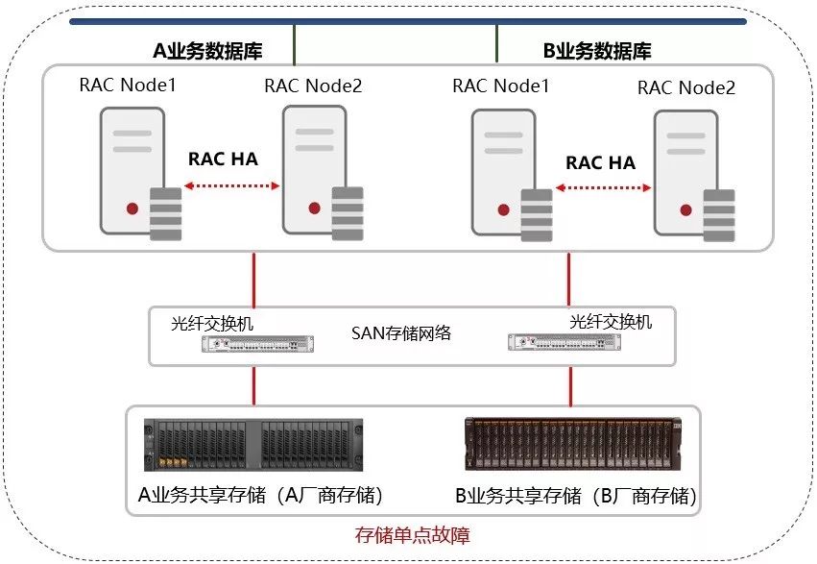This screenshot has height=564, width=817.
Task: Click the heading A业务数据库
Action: [207, 52]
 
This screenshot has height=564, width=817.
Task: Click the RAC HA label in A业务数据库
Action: [223, 159]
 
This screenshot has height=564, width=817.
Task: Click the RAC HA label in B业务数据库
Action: [600, 162]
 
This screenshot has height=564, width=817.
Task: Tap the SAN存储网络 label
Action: [400, 334]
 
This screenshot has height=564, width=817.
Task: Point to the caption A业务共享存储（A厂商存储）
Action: [261, 496]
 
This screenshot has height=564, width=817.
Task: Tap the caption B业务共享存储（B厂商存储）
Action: [575, 497]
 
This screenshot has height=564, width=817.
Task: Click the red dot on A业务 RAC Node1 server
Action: [130, 208]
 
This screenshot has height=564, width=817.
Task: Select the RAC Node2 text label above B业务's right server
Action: [685, 88]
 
